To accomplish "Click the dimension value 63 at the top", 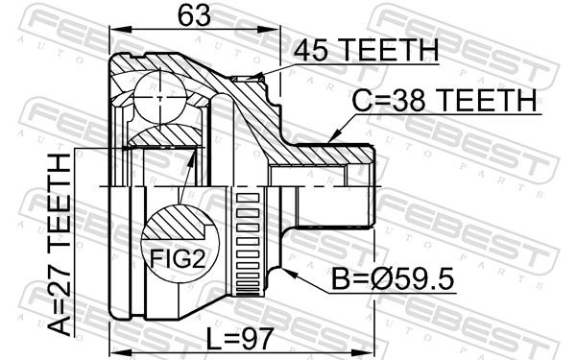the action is tap(194, 15).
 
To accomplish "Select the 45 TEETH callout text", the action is tap(366, 50).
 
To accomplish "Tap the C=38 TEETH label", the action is tap(444, 100).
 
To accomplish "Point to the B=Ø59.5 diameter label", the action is tap(393, 278).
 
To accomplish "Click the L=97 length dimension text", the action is tap(240, 339).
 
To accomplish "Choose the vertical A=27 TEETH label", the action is tap(59, 245).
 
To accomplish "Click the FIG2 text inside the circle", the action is tap(178, 258).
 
